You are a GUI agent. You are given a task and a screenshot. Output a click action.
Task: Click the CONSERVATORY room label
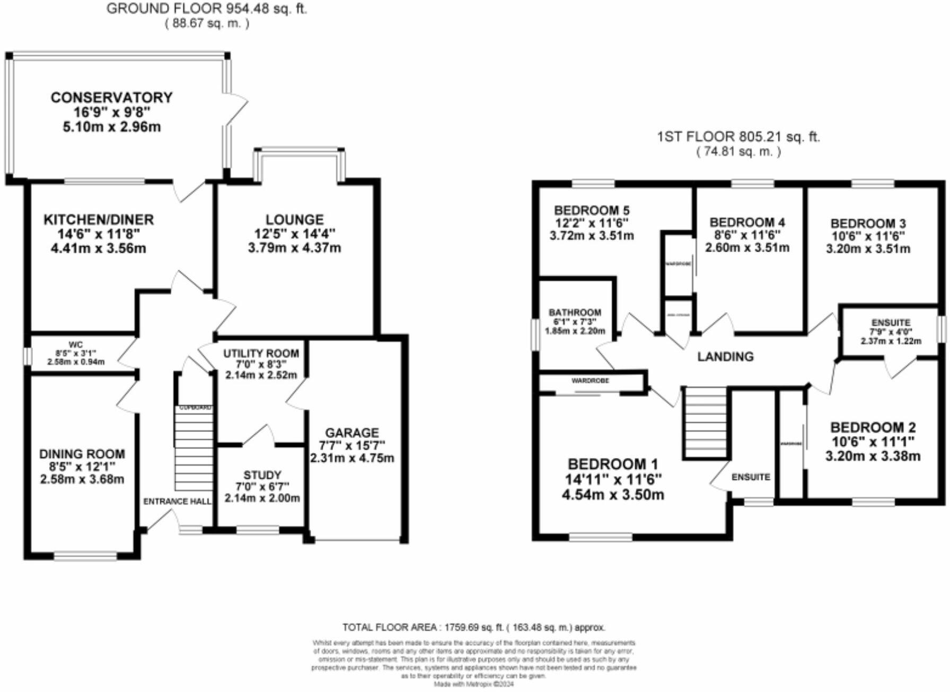pos(111,98)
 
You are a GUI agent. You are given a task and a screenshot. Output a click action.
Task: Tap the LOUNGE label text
pos(294,220)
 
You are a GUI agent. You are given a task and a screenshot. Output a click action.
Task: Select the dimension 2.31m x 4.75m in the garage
pos(352,458)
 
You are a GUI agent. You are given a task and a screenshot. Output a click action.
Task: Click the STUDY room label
pos(262,475)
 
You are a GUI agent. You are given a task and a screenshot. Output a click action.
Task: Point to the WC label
pos(76,344)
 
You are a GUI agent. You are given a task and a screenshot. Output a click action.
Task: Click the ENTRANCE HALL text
pos(177,501)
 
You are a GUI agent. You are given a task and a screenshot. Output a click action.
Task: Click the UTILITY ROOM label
pos(261,353)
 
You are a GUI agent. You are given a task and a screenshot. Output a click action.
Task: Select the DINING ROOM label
pos(82,454)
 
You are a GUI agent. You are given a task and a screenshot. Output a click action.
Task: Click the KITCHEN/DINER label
pos(98,220)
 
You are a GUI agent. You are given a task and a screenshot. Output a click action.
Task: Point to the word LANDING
pos(725,357)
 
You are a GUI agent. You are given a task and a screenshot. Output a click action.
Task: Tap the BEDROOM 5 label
pos(592,210)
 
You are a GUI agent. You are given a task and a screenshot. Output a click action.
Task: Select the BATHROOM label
pos(575,313)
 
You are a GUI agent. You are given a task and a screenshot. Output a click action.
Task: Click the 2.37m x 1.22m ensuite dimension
pos(891,341)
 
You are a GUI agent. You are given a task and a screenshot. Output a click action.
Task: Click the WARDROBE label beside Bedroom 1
pos(590,380)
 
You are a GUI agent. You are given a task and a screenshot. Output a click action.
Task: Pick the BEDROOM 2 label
pos(873,427)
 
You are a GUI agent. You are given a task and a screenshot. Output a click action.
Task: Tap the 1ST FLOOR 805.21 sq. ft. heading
pos(738,137)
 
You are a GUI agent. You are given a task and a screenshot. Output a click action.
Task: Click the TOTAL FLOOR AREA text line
pos(473,627)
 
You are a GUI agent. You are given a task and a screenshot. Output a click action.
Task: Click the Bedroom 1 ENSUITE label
pos(751,477)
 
